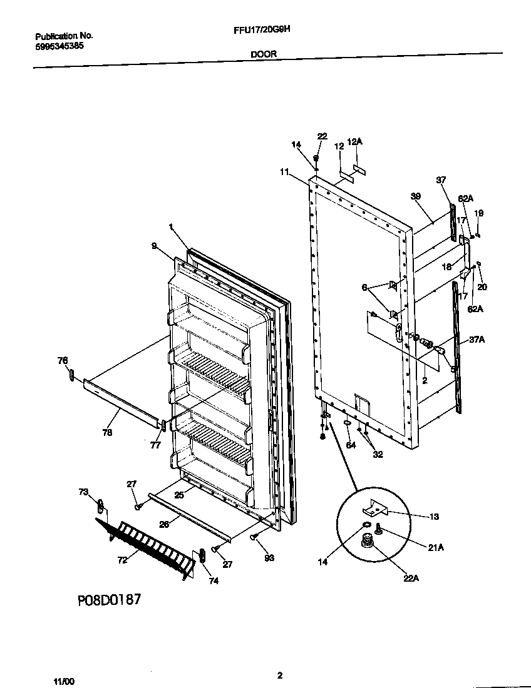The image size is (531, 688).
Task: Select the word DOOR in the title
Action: (264, 54)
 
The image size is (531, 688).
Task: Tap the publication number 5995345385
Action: (59, 46)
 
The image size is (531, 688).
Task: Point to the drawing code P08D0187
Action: (109, 600)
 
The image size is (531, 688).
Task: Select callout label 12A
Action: (354, 142)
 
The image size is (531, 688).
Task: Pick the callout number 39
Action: (415, 196)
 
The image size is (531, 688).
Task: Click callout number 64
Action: (350, 445)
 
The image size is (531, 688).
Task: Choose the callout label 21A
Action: (436, 547)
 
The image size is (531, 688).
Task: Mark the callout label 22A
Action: (411, 579)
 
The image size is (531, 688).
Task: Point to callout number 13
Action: (434, 517)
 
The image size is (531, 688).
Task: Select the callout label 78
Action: (107, 415)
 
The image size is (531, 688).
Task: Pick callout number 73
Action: (83, 492)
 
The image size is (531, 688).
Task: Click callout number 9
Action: (153, 246)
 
